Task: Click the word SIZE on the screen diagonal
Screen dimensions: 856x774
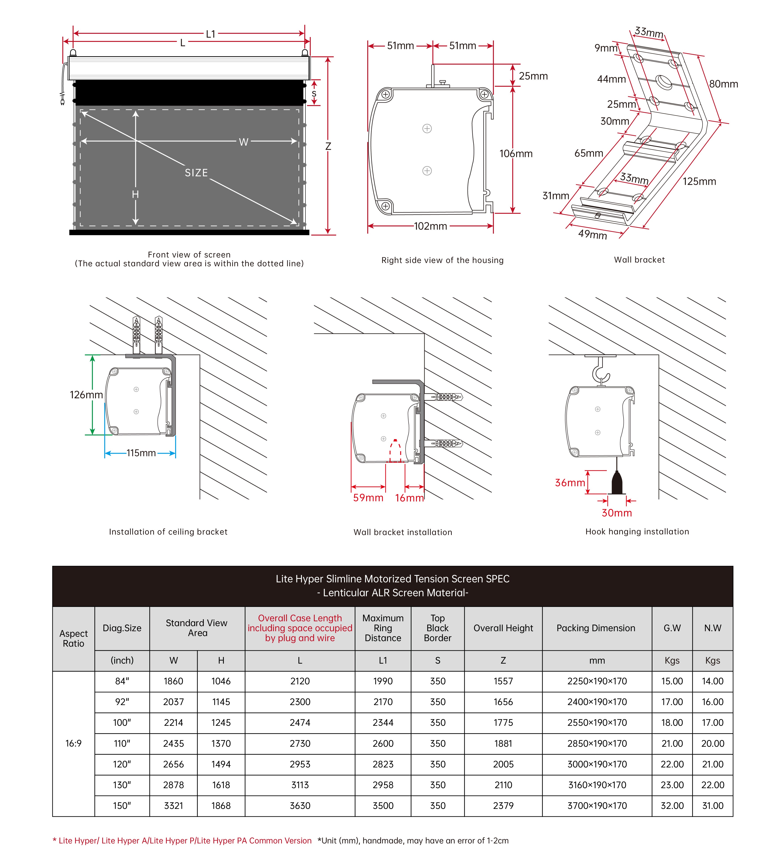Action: pos(196,173)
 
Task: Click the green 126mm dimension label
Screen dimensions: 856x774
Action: pos(86,395)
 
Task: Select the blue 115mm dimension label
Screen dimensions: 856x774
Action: pos(141,453)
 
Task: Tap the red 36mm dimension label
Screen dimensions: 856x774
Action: pos(570,483)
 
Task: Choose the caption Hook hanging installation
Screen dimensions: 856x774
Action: pos(637,532)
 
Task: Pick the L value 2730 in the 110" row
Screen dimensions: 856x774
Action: pos(300,744)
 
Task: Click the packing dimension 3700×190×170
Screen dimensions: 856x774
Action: pos(597,806)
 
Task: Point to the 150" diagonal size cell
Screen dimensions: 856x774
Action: pos(122,806)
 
